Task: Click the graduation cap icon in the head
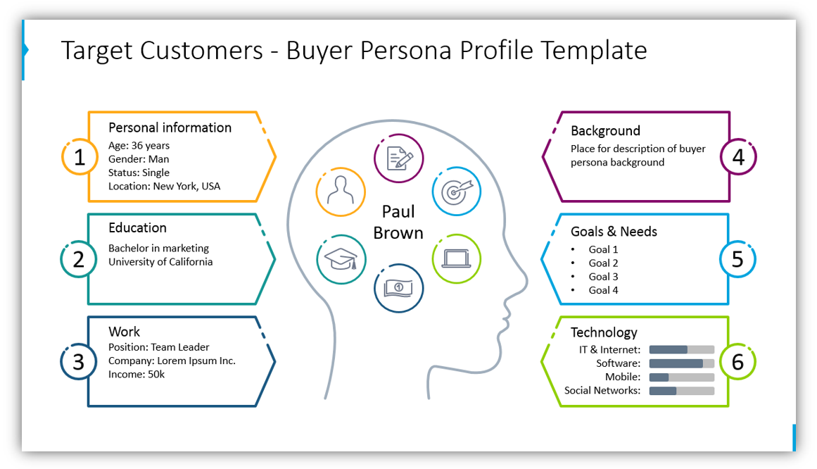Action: click(x=341, y=258)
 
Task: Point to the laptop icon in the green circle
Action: click(x=457, y=258)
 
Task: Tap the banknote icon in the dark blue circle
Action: click(x=398, y=288)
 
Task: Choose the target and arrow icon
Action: click(x=457, y=191)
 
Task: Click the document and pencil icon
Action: click(x=399, y=158)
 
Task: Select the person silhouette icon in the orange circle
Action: click(x=341, y=191)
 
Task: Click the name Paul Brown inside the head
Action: click(x=398, y=223)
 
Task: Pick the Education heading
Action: click(x=137, y=228)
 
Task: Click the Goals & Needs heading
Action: click(x=614, y=232)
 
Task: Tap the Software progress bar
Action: click(x=681, y=363)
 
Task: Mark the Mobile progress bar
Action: click(x=681, y=377)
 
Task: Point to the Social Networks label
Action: click(x=602, y=390)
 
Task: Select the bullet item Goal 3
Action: click(x=603, y=277)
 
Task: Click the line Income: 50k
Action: click(x=137, y=374)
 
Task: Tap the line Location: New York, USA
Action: click(x=164, y=186)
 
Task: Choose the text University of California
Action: click(x=160, y=262)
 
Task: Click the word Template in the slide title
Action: click(x=594, y=51)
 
